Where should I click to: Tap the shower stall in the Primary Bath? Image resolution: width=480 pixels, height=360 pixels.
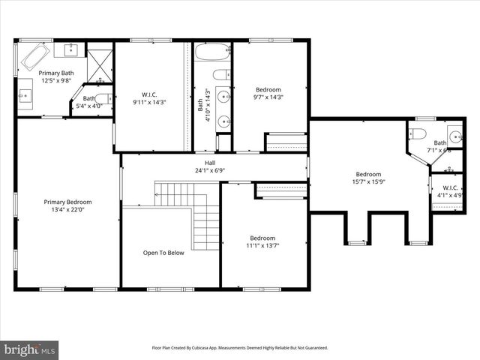(x=99, y=64)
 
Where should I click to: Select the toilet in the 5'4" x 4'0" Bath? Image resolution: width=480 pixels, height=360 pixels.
(x=104, y=98)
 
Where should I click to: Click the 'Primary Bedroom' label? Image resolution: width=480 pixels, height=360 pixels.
(x=67, y=202)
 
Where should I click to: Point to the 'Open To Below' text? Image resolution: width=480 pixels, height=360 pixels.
(x=163, y=253)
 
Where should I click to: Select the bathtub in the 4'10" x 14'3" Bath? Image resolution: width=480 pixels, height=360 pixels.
(x=212, y=54)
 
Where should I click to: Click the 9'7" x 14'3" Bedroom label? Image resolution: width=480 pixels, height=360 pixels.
(x=268, y=89)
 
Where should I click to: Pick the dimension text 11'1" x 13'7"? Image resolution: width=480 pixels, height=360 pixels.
(x=262, y=245)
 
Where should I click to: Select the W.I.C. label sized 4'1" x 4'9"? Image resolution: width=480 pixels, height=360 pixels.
(x=450, y=188)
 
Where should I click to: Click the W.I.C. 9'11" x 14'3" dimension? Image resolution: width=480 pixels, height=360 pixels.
(x=149, y=102)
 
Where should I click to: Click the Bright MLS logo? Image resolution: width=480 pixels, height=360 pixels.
(x=30, y=349)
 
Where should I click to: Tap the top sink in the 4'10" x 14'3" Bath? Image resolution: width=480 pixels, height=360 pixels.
(x=223, y=96)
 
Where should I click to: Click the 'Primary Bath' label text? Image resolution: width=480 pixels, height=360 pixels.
(x=57, y=73)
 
